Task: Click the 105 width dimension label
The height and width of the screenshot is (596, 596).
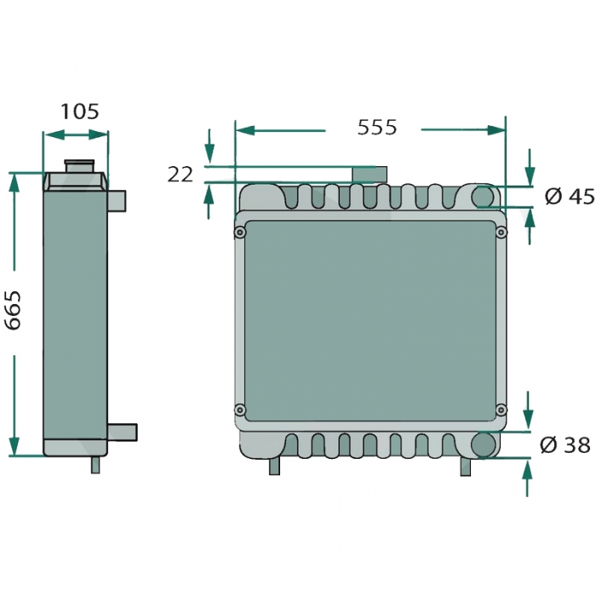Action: point(80,111)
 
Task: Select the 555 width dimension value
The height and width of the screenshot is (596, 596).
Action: point(376,127)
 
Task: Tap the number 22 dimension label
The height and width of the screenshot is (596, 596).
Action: point(180,175)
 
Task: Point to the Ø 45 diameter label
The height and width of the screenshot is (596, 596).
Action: point(568,197)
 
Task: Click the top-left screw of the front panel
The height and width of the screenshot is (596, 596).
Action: point(241,232)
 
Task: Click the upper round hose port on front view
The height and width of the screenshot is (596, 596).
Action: point(484,196)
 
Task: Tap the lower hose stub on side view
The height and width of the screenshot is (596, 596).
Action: point(123,432)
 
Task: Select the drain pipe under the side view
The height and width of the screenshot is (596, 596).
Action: point(95,465)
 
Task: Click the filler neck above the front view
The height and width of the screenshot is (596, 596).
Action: point(370,174)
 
